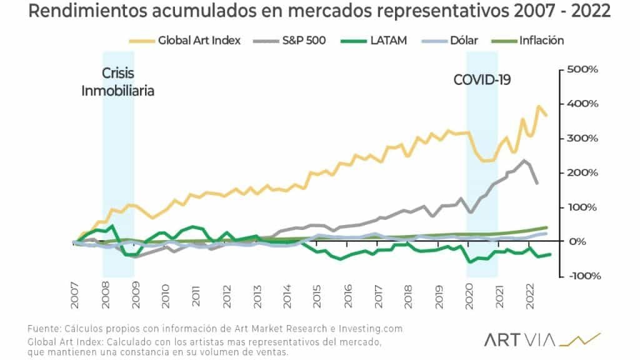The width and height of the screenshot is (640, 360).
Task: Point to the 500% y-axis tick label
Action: point(582,69)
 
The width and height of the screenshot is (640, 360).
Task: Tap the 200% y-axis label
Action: point(582,172)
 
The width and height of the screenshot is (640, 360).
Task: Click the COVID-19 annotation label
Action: point(482,79)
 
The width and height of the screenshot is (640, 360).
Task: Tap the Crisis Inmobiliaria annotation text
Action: point(117,82)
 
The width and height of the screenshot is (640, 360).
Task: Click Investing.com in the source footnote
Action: point(367,329)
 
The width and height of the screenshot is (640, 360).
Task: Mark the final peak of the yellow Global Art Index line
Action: point(539,106)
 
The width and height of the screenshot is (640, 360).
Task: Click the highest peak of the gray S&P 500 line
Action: point(524,161)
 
